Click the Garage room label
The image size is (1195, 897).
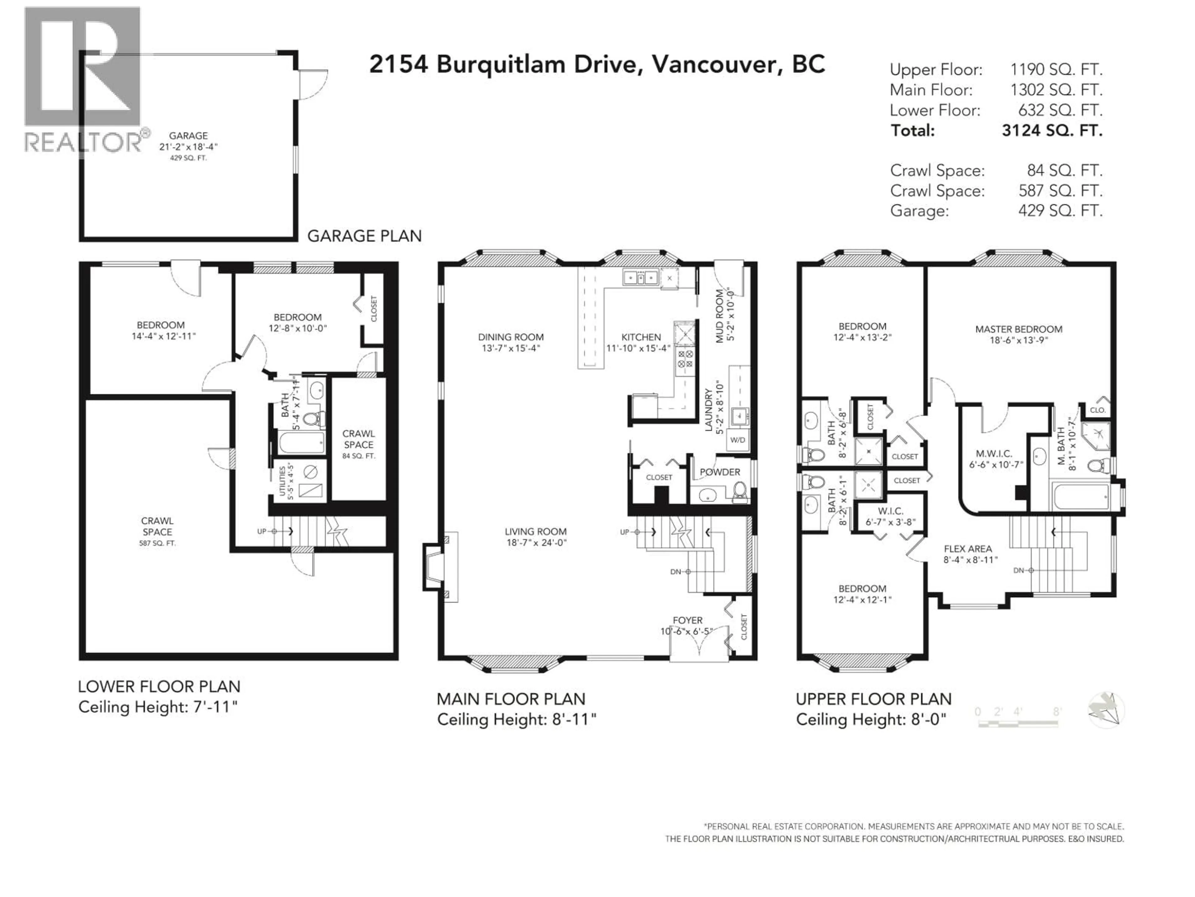click(188, 136)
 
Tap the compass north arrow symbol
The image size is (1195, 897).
click(1106, 710)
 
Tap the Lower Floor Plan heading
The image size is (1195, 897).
click(159, 687)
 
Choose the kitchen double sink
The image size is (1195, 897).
click(640, 278)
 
